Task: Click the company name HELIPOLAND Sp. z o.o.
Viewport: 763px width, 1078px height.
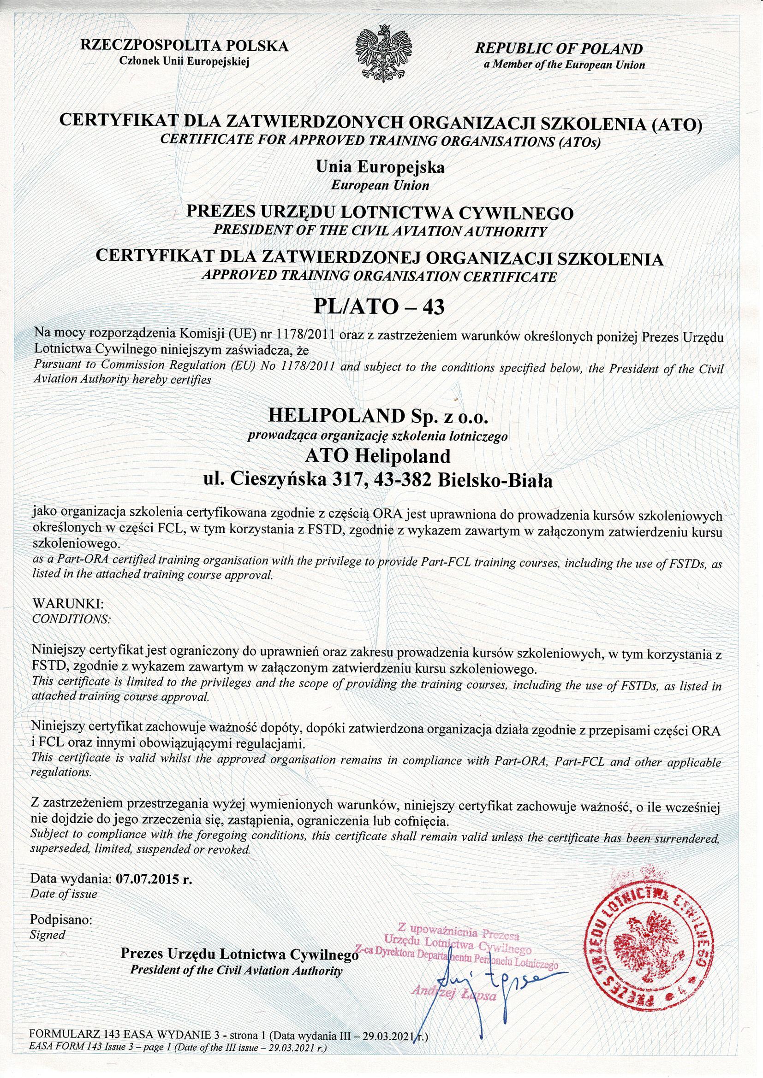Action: [x=379, y=416]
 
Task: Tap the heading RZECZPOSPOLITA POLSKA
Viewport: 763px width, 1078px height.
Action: [x=185, y=47]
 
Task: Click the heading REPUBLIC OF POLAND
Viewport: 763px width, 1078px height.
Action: [x=559, y=48]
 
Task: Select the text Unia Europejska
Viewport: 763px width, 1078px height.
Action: [x=381, y=167]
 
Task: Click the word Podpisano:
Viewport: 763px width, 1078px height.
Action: [x=62, y=919]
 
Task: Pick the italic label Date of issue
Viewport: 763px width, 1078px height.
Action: [x=64, y=895]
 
